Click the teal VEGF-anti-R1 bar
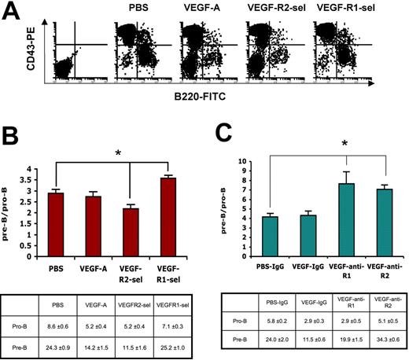click(346, 211)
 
